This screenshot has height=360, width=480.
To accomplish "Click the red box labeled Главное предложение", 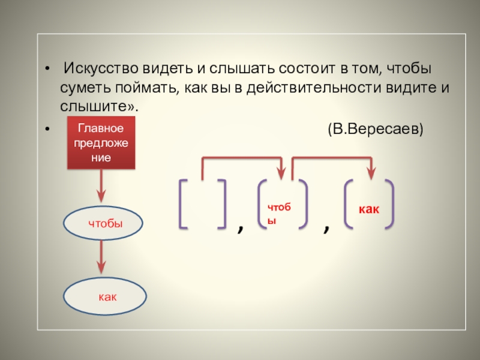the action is pyautogui.click(x=101, y=143).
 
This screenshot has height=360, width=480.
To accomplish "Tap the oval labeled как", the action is pyautogui.click(x=106, y=296).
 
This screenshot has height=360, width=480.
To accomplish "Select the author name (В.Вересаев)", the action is pyautogui.click(x=374, y=129).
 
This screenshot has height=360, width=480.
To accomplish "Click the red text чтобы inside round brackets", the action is pyautogui.click(x=279, y=212).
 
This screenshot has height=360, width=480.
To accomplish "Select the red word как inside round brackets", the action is pyautogui.click(x=369, y=209).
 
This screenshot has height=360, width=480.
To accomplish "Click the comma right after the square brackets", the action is pyautogui.click(x=241, y=228).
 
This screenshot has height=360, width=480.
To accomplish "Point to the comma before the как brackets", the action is pyautogui.click(x=326, y=228).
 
